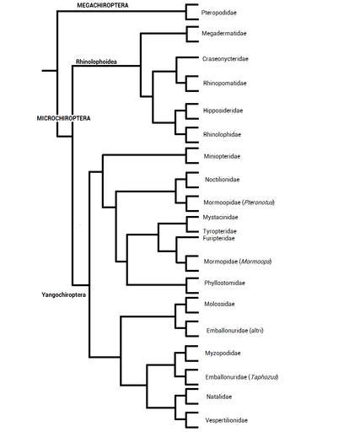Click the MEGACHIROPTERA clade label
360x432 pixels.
pos(103,5)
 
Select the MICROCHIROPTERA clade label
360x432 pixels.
pos(64,118)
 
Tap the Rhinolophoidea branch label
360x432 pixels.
pos(96,62)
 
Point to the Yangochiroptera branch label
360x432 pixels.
pos(64,294)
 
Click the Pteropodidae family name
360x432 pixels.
pos(219,13)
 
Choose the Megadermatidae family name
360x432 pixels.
pos(224,33)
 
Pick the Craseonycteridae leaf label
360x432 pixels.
pos(225,59)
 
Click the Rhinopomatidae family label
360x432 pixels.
pos(225,84)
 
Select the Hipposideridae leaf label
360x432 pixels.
pos(223,111)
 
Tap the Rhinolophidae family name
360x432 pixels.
pos(222,134)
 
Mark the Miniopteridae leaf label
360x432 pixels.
pos(222,156)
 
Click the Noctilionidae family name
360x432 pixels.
pos(223,180)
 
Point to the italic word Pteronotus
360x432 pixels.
pos(258,202)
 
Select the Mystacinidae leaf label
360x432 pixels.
pos(220,217)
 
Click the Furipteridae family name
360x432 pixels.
pos(218,239)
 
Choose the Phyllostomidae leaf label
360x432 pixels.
pos(224,283)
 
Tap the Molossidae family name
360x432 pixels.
pos(219,304)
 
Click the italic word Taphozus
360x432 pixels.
pos(264,377)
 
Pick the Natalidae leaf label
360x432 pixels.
pos(219,397)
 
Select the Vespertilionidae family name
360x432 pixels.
pos(227,420)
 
